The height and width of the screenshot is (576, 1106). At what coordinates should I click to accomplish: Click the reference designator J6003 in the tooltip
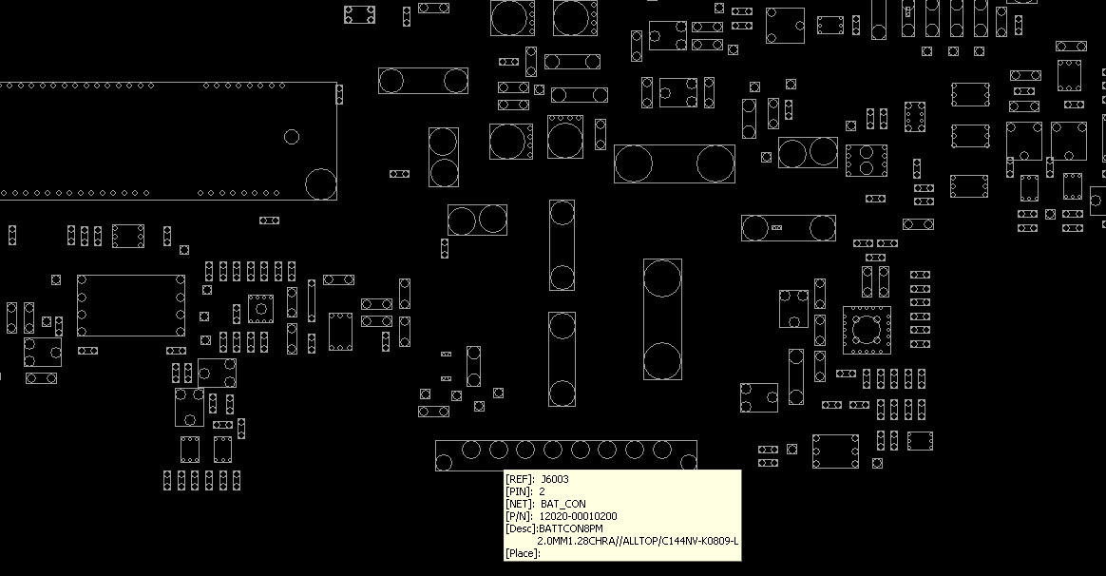pyautogui.click(x=554, y=479)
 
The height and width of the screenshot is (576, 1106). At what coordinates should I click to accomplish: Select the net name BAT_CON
pyautogui.click(x=563, y=504)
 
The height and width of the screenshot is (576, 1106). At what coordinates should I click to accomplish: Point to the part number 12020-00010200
pyautogui.click(x=578, y=516)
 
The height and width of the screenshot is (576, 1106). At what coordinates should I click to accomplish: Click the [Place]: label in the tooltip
pyautogui.click(x=523, y=553)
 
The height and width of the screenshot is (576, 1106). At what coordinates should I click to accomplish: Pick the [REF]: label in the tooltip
pyautogui.click(x=519, y=479)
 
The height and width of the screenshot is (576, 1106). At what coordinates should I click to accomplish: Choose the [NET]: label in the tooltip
pyautogui.click(x=519, y=504)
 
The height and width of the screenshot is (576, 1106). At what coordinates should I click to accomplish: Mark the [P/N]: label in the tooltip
pyautogui.click(x=519, y=516)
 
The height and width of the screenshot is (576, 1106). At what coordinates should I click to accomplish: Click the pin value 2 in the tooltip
pyautogui.click(x=542, y=491)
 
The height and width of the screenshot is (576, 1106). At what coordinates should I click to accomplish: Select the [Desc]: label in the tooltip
pyautogui.click(x=522, y=528)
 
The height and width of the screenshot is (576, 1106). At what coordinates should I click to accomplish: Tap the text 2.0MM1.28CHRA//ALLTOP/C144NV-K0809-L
pyautogui.click(x=638, y=541)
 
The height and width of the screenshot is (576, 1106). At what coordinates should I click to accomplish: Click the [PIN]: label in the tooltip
pyautogui.click(x=519, y=491)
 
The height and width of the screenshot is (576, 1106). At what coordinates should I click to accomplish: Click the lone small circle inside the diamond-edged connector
pyautogui.click(x=292, y=137)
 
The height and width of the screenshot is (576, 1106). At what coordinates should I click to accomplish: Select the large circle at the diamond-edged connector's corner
pyautogui.click(x=321, y=184)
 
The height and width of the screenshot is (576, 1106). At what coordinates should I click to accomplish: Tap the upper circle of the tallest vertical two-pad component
pyautogui.click(x=662, y=278)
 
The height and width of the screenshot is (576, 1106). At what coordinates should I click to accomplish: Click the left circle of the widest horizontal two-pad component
pyautogui.click(x=634, y=163)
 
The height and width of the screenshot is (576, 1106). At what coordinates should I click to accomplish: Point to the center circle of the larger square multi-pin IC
pyautogui.click(x=866, y=329)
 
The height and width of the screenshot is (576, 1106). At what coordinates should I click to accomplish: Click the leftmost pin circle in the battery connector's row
pyautogui.click(x=471, y=450)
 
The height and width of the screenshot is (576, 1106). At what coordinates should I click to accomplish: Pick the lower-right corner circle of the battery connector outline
pyautogui.click(x=689, y=463)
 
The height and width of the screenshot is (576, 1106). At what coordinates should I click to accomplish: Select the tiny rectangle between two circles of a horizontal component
pyautogui.click(x=776, y=227)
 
